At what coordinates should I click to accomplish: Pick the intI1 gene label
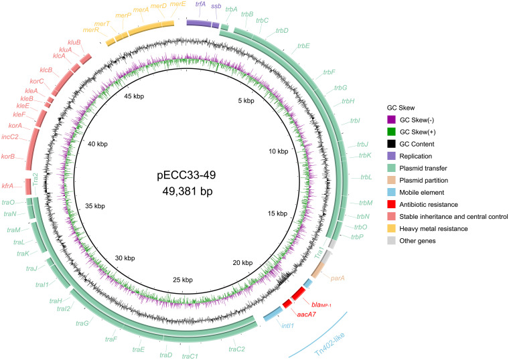[284, 327]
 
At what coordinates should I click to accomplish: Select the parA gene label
[338, 278]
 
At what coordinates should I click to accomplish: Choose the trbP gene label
[358, 236]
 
